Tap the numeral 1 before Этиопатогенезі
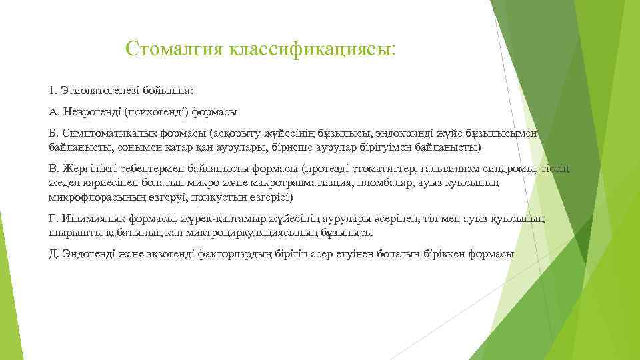52,89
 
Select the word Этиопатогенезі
101,89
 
